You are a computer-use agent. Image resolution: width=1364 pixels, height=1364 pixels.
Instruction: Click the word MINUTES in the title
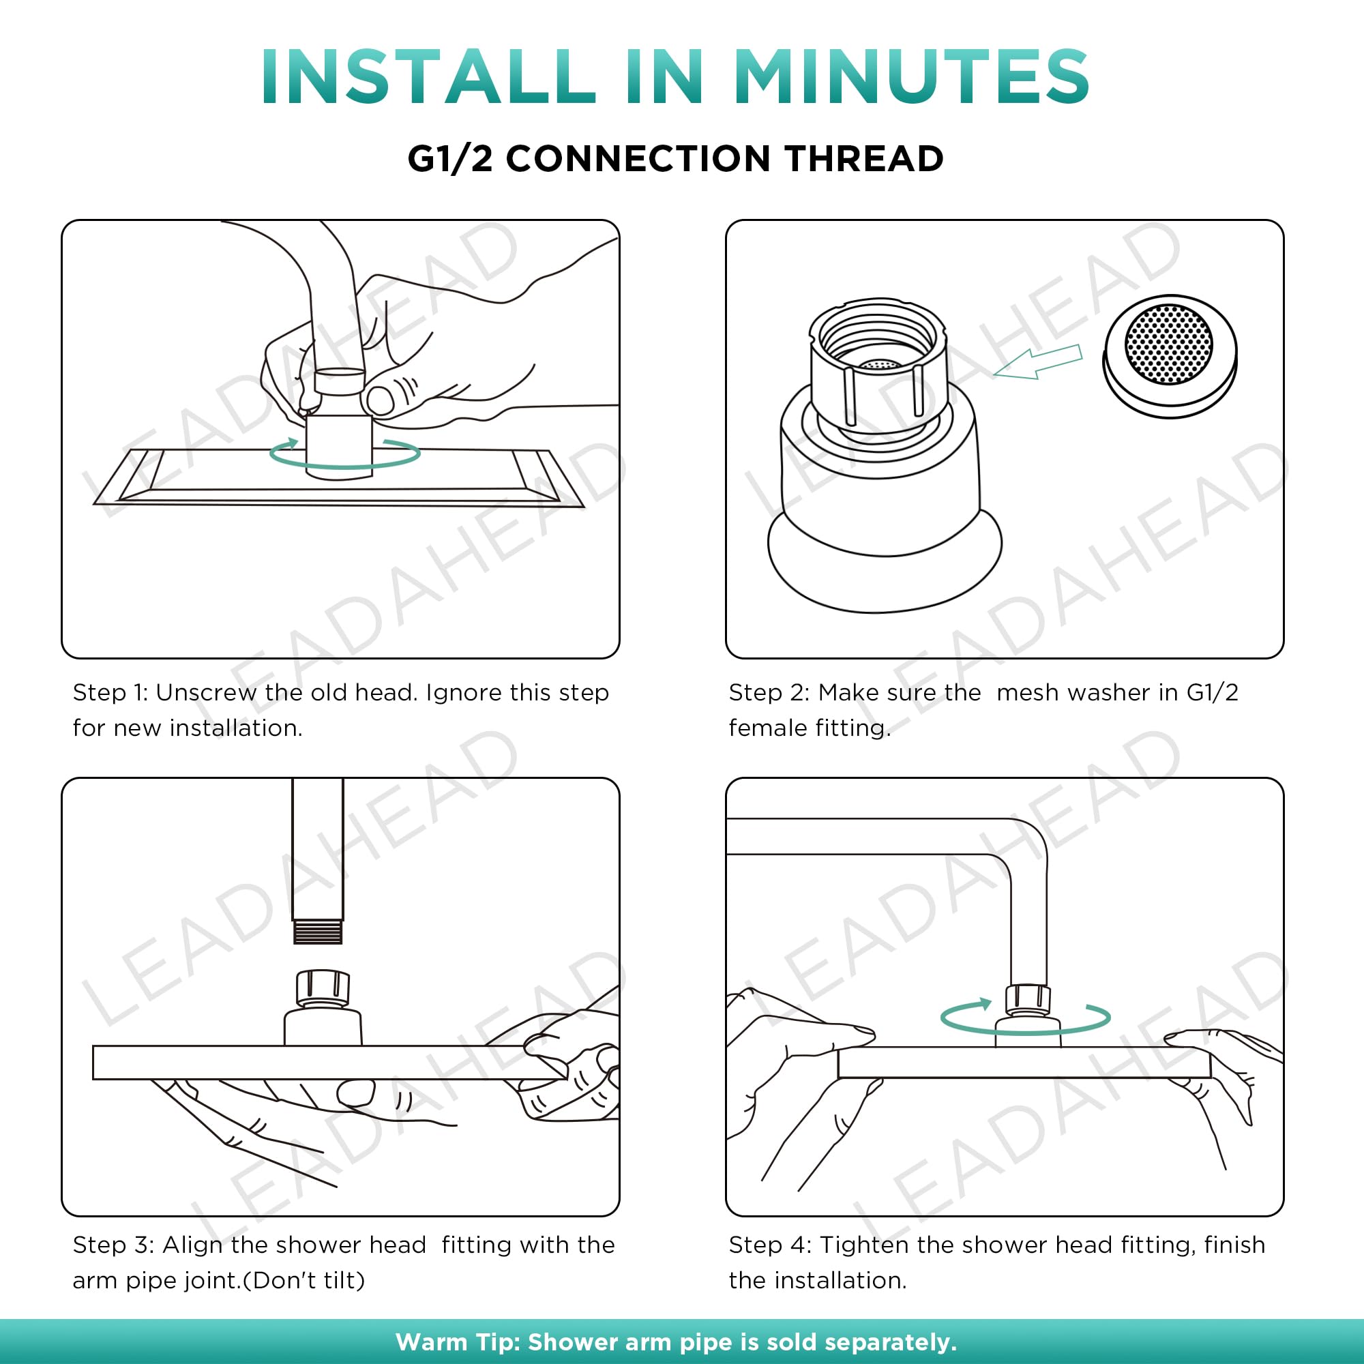[912, 77]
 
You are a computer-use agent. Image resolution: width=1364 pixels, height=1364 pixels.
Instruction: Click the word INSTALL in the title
[428, 77]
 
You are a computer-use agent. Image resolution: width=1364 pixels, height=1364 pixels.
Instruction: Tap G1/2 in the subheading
[450, 158]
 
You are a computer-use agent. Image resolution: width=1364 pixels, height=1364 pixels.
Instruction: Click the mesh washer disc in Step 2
[1169, 356]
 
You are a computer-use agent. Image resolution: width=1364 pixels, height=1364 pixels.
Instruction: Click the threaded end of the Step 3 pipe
[318, 931]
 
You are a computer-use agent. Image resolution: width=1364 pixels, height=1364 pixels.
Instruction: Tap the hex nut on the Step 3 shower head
[323, 987]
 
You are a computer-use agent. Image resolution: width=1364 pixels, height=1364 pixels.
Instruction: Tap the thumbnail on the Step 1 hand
[381, 401]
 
